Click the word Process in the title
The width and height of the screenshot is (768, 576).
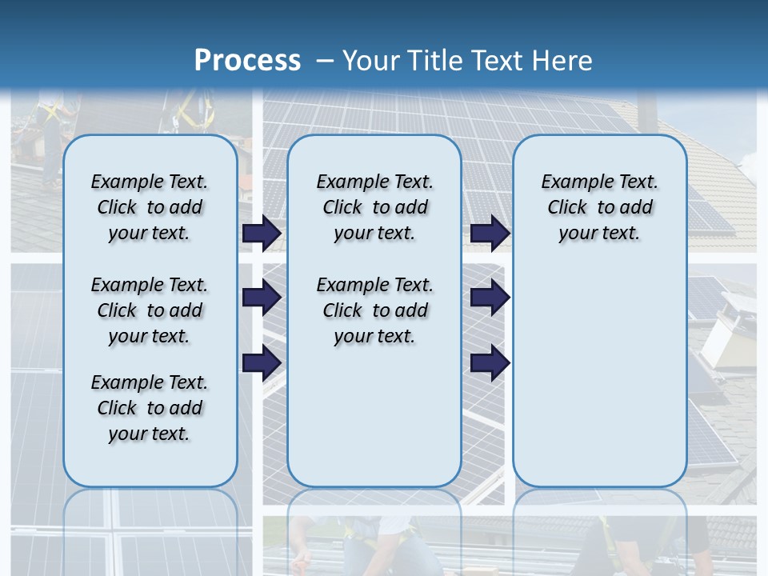[x=247, y=60]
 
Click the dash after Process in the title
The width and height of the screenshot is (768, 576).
[x=325, y=61]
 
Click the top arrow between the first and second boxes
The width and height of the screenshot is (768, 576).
[x=262, y=233]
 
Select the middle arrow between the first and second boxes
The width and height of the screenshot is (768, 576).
[x=262, y=298]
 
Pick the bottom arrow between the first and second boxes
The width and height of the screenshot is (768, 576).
[x=262, y=362]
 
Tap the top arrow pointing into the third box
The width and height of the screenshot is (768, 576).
[x=490, y=233]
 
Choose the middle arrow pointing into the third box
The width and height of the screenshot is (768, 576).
[x=490, y=298]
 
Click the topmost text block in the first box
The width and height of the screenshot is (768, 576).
[x=150, y=207]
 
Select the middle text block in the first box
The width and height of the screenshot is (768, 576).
[x=150, y=310]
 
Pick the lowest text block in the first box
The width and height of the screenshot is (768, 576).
[x=150, y=408]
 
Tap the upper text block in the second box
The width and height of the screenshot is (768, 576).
[x=374, y=207]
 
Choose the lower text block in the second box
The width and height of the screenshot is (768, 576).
[x=374, y=310]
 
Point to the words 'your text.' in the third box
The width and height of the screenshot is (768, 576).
[x=599, y=234]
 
